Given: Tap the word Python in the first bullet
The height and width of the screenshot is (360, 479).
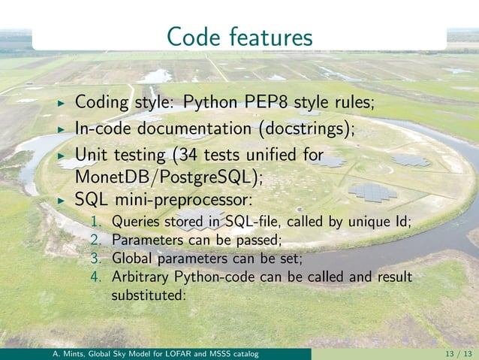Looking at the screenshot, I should [x=210, y=101].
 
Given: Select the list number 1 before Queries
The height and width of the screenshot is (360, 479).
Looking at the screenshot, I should [x=95, y=222].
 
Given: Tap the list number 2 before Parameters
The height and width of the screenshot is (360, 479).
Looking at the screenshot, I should [x=95, y=241].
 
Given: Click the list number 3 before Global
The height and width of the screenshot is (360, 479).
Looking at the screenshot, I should [x=95, y=259].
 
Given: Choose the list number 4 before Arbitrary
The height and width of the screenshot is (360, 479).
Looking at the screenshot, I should [x=95, y=277].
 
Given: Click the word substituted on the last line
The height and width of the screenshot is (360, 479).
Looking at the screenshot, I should [x=147, y=295].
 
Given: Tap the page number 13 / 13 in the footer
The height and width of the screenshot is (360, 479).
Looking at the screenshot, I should [x=453, y=354].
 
